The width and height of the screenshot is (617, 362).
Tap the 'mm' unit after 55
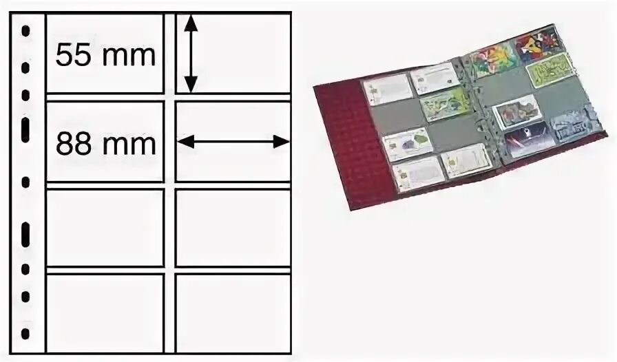coord(128,54)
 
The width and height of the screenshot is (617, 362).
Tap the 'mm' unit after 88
coord(128,144)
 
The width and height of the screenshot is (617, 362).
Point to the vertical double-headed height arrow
coord(191,54)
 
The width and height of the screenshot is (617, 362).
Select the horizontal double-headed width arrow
coord(233,142)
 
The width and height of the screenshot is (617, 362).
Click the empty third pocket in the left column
coord(104,228)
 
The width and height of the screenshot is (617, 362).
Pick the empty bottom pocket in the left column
coord(104,312)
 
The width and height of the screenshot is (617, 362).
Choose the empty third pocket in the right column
coord(232,228)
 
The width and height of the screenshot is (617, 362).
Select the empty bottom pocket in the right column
coord(232,312)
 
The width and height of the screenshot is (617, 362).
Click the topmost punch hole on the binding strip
coord(25,32)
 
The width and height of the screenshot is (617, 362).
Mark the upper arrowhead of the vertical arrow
coord(191,25)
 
